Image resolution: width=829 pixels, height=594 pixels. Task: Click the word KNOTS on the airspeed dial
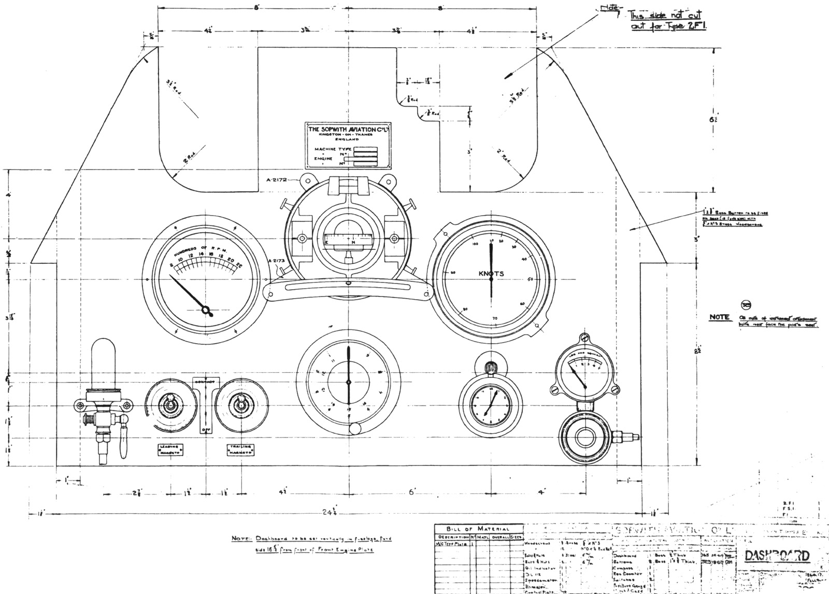[x=491, y=274]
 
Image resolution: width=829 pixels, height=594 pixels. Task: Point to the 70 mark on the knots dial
[x=495, y=318]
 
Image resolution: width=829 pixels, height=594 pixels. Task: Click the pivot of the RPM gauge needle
[x=207, y=312]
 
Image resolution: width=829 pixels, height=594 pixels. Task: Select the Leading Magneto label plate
[x=173, y=449]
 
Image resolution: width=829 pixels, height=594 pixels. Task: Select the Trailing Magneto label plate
[x=242, y=449]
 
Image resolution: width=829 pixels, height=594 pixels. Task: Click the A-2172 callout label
[x=277, y=179]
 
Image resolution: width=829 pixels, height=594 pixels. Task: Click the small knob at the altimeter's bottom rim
[x=355, y=429]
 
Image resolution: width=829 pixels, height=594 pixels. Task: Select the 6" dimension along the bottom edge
[x=412, y=491]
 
